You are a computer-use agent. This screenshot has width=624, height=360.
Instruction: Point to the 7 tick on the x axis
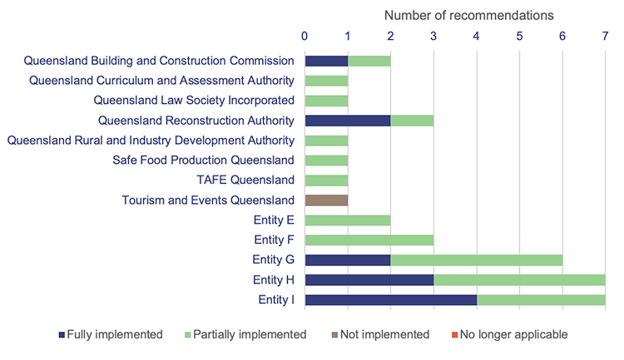pos(605,36)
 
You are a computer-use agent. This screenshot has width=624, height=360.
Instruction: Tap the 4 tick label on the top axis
pos(476,36)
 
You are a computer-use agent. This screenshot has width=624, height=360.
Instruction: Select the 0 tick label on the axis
pos(305,36)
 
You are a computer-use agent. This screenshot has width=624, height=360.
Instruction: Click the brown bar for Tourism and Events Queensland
pos(326,200)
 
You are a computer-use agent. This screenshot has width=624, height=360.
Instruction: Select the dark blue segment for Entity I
pos(390,300)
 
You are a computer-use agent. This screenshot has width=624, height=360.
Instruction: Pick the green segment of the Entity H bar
pos(519,280)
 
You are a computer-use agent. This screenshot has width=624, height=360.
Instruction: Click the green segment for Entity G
pos(476,260)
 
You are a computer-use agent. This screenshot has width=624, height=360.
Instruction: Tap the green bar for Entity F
pos(369,240)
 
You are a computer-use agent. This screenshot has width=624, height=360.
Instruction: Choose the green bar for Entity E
pos(348,220)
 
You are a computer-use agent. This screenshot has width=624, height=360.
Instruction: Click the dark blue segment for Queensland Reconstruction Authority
pos(348,121)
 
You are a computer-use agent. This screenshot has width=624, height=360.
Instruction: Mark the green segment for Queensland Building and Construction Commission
pos(369,61)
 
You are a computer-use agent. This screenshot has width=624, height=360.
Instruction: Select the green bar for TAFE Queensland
pos(326,180)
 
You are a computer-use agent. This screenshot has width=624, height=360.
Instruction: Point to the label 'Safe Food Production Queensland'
pos(203,160)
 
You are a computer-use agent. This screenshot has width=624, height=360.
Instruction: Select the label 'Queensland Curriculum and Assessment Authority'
pos(161,81)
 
